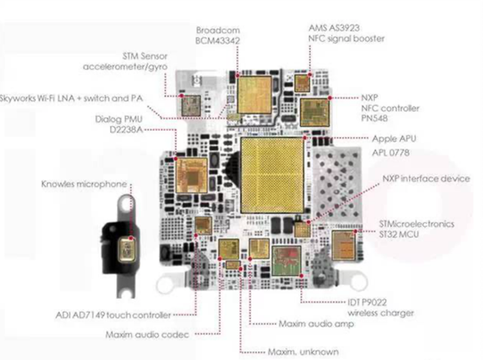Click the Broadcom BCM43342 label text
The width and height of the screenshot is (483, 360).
(217, 36)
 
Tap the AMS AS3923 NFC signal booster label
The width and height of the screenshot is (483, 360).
(347, 33)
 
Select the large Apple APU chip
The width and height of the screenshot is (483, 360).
(273, 175)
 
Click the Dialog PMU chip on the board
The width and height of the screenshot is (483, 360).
(191, 176)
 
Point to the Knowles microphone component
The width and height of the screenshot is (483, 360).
(128, 250)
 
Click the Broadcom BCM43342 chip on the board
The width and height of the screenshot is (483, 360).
(254, 95)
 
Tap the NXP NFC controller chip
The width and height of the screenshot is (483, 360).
(314, 113)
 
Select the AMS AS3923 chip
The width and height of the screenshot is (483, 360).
(302, 83)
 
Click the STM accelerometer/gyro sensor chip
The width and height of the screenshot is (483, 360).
(191, 106)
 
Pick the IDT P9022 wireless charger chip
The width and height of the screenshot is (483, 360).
(286, 260)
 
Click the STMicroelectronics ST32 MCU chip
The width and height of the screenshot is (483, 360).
(343, 246)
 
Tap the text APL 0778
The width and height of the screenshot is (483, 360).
(390, 153)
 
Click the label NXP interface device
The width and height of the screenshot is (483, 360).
(426, 179)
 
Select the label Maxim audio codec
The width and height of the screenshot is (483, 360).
(148, 335)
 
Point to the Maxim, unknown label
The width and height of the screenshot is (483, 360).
(303, 352)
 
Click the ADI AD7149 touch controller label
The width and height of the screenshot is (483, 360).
(113, 315)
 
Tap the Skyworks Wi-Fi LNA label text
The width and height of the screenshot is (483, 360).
(72, 99)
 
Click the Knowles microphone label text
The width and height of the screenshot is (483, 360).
(84, 184)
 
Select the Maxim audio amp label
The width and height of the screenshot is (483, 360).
(316, 324)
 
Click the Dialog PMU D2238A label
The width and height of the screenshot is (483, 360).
(119, 124)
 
